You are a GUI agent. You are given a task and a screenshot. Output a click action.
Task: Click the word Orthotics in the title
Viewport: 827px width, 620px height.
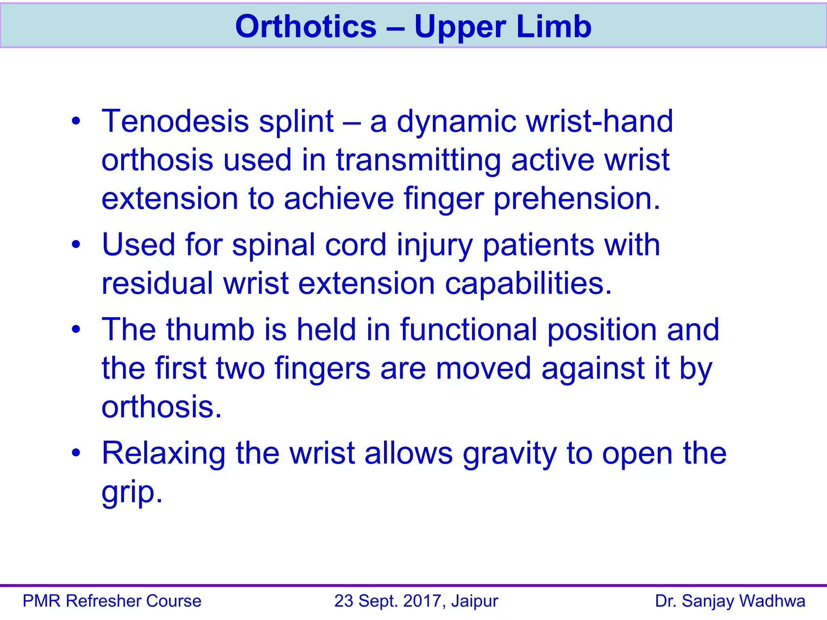[x=306, y=27]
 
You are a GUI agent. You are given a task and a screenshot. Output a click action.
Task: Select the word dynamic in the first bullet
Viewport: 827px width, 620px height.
[x=456, y=122]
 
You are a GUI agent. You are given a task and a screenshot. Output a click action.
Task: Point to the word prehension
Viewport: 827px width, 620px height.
[x=577, y=199]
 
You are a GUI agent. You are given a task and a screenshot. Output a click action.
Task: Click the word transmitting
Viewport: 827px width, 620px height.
[x=418, y=161]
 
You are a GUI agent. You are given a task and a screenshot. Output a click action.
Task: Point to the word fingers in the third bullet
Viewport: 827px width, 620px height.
[x=322, y=369]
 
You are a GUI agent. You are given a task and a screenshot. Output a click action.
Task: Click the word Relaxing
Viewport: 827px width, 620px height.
[x=164, y=454]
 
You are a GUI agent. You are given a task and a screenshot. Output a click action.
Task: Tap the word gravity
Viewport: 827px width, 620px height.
[x=510, y=454]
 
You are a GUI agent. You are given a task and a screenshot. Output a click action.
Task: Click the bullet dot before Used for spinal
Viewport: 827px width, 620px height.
[x=76, y=245]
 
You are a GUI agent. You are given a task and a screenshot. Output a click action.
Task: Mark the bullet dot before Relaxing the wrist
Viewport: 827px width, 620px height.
[x=76, y=453]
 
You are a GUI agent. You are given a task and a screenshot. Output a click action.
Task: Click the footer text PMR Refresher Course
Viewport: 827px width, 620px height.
[x=112, y=601]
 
